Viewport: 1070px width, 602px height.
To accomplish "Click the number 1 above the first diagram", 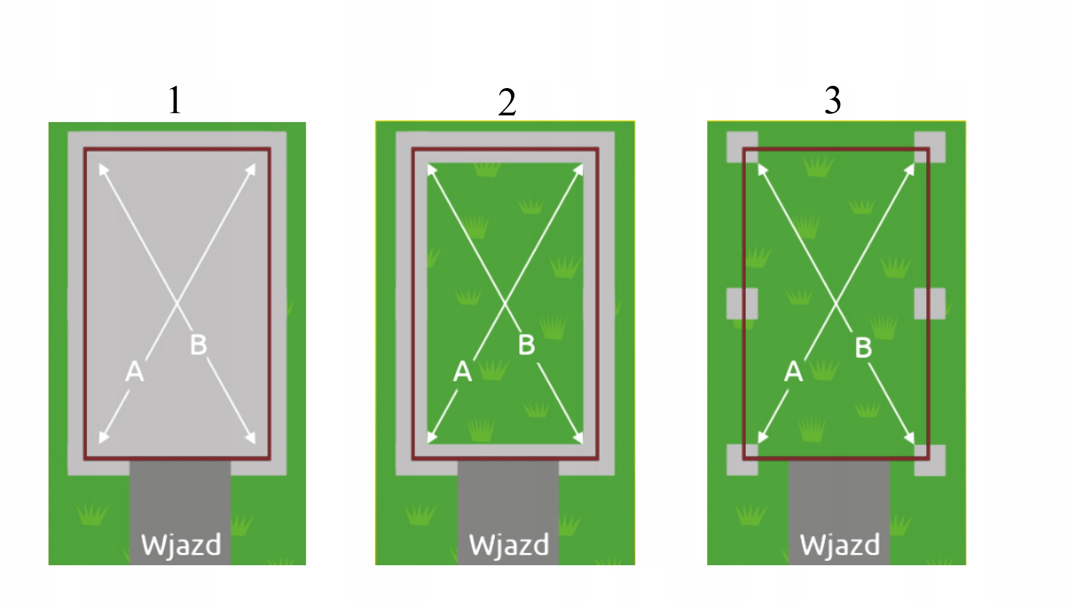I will (175, 101).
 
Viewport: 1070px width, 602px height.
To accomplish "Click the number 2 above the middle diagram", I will (507, 103).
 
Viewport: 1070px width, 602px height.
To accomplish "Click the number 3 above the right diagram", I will (833, 101).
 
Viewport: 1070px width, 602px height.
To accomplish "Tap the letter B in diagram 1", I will (198, 344).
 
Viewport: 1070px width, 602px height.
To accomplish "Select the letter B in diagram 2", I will (527, 344).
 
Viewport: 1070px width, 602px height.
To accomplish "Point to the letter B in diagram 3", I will (863, 348).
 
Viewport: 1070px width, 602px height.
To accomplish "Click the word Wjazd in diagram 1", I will (181, 545).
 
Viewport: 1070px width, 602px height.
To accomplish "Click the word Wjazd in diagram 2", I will (509, 545).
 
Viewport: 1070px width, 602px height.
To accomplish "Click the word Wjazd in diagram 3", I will (840, 545).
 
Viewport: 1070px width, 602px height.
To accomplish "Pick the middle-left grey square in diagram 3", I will (742, 304).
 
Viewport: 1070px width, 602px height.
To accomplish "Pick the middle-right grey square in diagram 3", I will (930, 304).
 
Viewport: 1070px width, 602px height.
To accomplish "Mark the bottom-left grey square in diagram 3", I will (742, 460).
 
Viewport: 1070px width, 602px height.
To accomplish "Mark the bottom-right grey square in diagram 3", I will (930, 460).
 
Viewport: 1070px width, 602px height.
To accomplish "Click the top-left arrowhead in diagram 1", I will (103, 168).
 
